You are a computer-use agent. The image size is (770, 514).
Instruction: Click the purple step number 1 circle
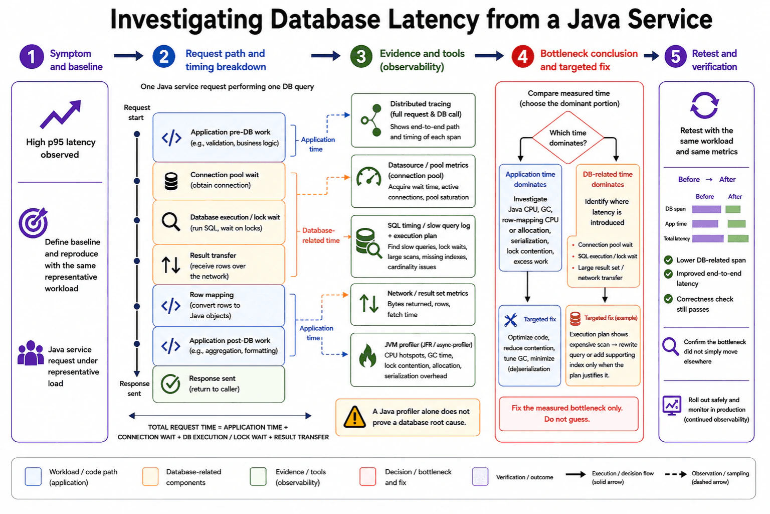coord(32,57)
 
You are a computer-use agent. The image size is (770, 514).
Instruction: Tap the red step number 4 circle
coord(522,57)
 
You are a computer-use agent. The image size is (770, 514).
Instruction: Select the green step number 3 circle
coord(361,57)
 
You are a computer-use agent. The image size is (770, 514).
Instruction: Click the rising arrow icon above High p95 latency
coord(61,114)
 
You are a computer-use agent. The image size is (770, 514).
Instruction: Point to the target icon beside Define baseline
coord(33,223)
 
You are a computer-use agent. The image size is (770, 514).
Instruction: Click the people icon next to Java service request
coord(31,353)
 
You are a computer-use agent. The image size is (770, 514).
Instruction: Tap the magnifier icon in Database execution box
coord(171,222)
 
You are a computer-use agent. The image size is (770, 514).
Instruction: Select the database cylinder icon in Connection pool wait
coord(171,181)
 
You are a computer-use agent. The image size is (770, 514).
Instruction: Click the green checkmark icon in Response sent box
coord(170,384)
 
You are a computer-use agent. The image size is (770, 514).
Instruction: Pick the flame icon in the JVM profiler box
coord(367,356)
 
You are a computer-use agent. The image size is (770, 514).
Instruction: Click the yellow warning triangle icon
coord(354,417)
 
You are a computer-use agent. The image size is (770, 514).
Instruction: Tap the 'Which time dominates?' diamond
coord(568,138)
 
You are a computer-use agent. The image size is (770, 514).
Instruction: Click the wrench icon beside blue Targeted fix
coord(510,320)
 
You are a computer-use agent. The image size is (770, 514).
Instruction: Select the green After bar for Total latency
coord(738,238)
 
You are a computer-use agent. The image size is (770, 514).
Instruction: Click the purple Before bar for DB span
coord(706,209)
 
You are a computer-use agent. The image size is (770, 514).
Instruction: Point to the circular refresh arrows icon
coord(705,105)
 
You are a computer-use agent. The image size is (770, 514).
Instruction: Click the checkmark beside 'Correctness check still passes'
coord(668,299)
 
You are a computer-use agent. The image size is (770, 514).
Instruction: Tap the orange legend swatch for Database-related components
coord(150,476)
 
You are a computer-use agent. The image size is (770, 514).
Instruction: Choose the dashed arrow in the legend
coord(676,474)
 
